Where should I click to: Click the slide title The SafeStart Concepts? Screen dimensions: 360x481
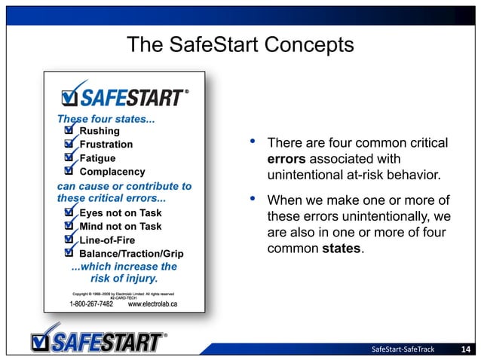(x=240, y=45)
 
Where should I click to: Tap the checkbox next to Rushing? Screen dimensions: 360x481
(x=69, y=131)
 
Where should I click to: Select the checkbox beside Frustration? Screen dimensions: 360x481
(x=69, y=145)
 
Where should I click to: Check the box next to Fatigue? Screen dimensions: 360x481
(x=69, y=158)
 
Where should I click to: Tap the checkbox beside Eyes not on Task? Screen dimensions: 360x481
(x=69, y=213)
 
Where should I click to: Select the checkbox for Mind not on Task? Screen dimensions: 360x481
(x=69, y=226)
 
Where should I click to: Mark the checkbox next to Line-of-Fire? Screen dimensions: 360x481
(x=69, y=239)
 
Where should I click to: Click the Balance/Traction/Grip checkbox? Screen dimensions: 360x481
(x=69, y=253)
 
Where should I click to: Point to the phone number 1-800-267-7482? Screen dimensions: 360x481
(x=91, y=304)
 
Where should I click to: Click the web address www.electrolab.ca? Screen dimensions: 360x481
(x=153, y=304)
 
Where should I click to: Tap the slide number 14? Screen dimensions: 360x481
(x=466, y=348)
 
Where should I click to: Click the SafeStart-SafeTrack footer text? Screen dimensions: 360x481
(x=404, y=348)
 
